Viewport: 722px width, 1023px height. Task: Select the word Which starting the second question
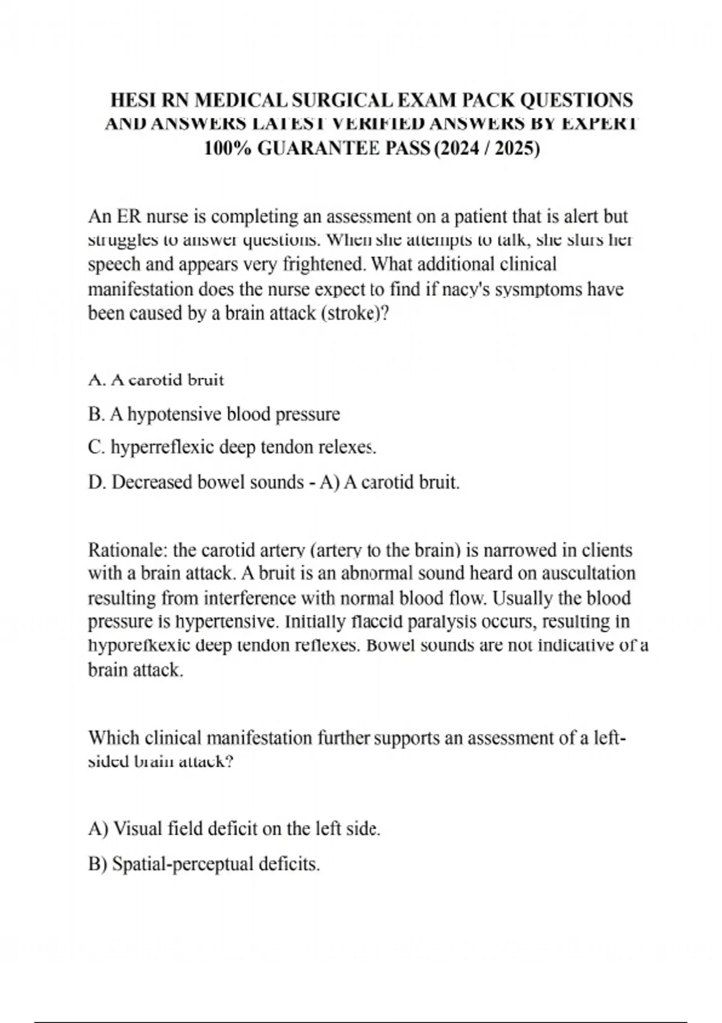[114, 738]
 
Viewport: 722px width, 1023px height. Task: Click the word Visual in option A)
[138, 829]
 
